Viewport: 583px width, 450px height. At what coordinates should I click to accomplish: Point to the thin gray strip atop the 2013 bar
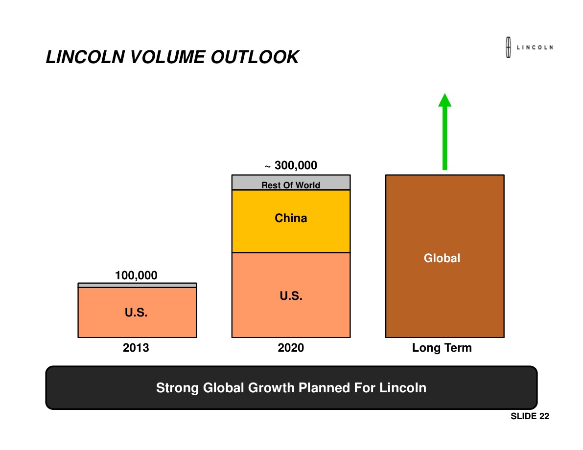coord(137,285)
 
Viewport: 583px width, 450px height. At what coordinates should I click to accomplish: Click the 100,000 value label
coord(136,275)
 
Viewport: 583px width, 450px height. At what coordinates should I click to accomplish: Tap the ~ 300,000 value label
coord(291,166)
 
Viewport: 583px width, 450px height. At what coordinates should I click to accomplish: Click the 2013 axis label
coord(136,348)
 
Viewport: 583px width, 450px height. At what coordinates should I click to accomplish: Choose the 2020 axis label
coord(291,348)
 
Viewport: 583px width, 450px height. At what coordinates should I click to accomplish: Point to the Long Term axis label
coord(442,348)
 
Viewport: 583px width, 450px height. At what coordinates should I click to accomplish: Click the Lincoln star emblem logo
coord(508,47)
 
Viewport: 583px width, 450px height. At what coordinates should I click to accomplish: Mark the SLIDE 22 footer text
coord(530,416)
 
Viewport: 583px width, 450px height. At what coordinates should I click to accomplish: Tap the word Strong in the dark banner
coord(177,388)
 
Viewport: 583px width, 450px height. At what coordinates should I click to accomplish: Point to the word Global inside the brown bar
coord(442,258)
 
